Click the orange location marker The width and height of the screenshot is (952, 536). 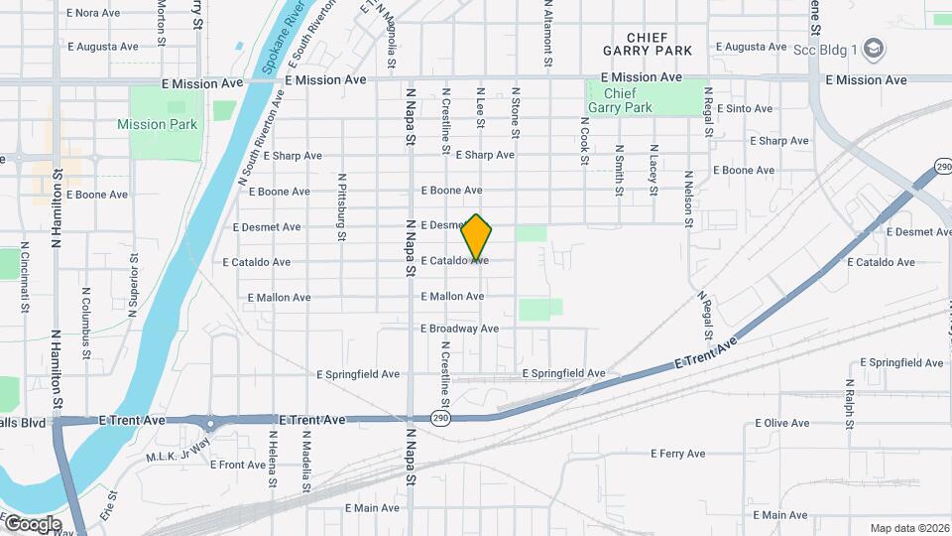(477, 237)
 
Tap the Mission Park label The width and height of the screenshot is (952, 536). (157, 124)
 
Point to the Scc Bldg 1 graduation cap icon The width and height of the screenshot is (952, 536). (873, 47)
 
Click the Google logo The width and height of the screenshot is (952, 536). (32, 523)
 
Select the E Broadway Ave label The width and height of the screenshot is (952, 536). (459, 329)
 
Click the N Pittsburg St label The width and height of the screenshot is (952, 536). (341, 208)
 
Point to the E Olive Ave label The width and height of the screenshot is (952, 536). (782, 423)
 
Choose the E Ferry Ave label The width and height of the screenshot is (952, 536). (678, 454)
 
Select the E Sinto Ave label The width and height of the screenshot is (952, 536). (743, 108)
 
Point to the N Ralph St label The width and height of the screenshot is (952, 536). (850, 404)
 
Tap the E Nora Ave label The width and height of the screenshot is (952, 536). (92, 13)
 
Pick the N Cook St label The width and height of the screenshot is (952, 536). (585, 139)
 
